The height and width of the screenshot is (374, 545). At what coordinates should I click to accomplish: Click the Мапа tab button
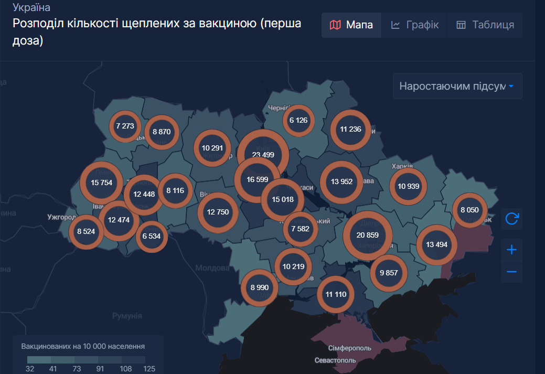[351, 25]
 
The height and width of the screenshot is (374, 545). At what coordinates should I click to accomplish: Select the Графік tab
[414, 25]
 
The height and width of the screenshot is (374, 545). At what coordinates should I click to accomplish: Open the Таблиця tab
[485, 25]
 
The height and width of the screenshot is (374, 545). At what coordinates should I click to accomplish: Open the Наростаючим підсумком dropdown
[457, 86]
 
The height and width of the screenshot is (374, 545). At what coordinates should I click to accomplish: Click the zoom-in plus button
[512, 250]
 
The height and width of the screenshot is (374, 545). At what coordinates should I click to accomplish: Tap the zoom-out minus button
[512, 272]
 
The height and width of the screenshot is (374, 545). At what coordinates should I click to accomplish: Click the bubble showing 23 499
[263, 155]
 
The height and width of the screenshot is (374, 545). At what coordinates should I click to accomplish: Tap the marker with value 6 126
[298, 120]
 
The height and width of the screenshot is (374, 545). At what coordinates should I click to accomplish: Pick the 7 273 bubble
[125, 126]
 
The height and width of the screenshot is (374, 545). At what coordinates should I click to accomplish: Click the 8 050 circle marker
[469, 210]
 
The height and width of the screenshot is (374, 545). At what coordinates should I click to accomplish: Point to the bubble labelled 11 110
[336, 294]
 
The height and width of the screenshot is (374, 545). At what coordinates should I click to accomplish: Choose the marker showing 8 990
[260, 287]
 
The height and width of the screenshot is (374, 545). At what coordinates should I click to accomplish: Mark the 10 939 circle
[408, 186]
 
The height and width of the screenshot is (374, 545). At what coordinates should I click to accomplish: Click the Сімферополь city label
[350, 348]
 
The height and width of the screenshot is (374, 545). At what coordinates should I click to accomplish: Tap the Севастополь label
[335, 360]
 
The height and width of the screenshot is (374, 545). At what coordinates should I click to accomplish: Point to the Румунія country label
[127, 316]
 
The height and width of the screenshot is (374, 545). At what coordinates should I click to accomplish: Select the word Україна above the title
[31, 8]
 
